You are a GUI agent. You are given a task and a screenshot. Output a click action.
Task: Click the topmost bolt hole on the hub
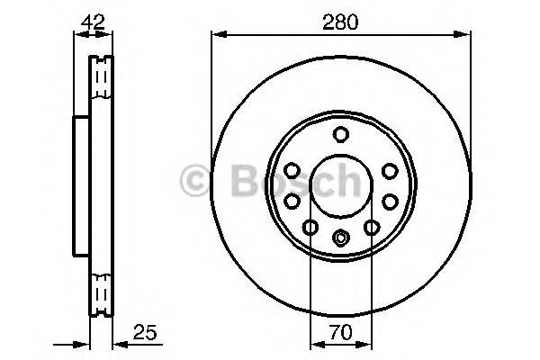(x=340, y=135)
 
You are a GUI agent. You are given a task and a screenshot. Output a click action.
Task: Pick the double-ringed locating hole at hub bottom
(x=340, y=238)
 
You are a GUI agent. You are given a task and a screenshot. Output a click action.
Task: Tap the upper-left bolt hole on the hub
(x=292, y=170)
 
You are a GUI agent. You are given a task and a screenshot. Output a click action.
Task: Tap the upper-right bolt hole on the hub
(x=389, y=170)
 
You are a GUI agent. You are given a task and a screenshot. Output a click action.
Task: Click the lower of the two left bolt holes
(x=292, y=202)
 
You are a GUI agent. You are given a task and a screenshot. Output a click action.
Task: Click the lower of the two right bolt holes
(x=389, y=202)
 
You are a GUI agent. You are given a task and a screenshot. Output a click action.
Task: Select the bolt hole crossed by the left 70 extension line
(x=310, y=229)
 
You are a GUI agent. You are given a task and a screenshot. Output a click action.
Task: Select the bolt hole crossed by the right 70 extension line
(x=371, y=229)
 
